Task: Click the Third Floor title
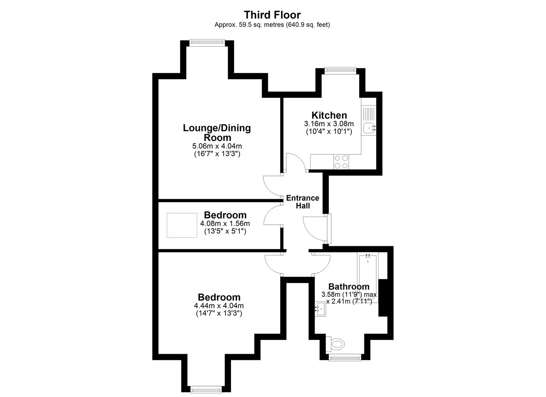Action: point(272,15)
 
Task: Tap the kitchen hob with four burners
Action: point(341,162)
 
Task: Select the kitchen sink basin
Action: point(369,128)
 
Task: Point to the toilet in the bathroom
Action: point(336,344)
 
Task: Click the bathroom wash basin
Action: point(320,309)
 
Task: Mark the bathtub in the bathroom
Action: point(368,278)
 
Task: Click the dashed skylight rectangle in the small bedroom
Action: point(182,225)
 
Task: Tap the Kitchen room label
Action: point(329,115)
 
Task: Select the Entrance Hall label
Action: point(303,202)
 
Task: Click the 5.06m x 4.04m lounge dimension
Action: point(217,146)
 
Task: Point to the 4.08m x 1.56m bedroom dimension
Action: point(225,223)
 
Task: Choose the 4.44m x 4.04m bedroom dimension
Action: point(219,305)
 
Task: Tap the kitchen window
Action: point(340,70)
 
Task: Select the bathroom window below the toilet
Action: point(345,358)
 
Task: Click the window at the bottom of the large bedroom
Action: point(206,390)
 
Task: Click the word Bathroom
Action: point(349,286)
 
